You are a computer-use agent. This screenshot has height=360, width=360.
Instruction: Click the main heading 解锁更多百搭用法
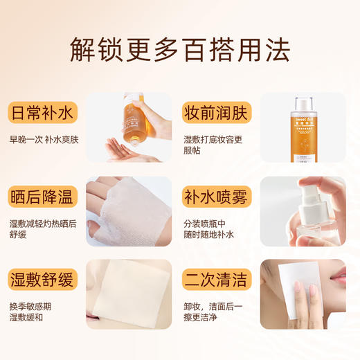tap(180, 49)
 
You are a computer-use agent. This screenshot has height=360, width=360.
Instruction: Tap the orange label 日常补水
tap(43, 112)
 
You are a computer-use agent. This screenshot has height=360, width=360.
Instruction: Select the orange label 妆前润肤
tap(217, 112)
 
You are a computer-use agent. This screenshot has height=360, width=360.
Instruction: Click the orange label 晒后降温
tap(43, 197)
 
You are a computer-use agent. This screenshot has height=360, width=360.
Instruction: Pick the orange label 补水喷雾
tap(217, 197)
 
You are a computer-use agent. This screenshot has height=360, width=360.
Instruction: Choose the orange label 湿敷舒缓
tap(43, 280)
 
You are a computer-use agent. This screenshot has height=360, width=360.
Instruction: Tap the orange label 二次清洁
tap(217, 280)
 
